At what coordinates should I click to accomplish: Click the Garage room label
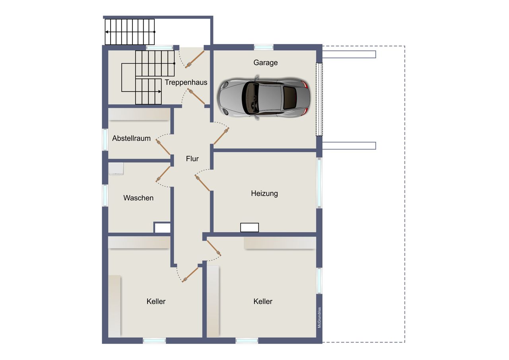[265, 62]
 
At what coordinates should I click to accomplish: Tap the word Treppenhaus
[186, 82]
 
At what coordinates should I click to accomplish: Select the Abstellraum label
[131, 138]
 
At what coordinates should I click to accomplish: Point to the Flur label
[192, 159]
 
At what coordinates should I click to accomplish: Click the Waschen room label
[138, 198]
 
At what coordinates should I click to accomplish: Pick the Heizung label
[264, 193]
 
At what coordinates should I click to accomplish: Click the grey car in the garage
[264, 98]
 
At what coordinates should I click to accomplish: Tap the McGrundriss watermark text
[319, 317]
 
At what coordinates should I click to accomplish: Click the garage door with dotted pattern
[319, 99]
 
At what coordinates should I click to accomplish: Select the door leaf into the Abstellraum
[163, 147]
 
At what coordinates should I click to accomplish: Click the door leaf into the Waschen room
[163, 174]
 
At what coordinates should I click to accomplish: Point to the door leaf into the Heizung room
[202, 183]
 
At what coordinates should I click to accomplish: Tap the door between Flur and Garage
[221, 136]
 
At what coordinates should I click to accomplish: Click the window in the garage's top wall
[264, 47]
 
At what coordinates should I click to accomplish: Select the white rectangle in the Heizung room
[249, 228]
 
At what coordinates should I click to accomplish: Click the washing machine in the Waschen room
[116, 169]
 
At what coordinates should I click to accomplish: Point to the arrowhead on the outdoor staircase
[107, 32]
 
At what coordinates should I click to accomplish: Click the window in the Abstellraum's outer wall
[105, 140]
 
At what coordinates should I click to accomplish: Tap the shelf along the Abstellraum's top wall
[139, 114]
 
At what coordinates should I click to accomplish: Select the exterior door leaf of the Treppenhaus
[195, 60]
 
